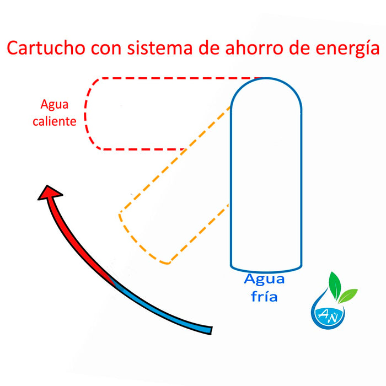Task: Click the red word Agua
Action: tap(55, 104)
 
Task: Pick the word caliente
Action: tap(55, 121)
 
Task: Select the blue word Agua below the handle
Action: tap(265, 280)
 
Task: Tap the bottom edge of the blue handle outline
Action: tap(266, 269)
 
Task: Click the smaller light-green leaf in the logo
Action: tap(349, 296)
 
